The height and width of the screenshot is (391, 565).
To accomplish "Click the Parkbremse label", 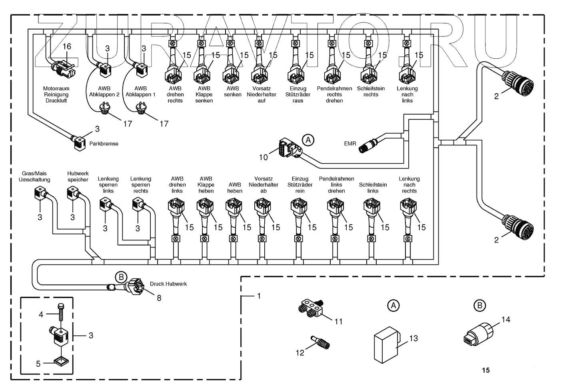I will coord(104,144).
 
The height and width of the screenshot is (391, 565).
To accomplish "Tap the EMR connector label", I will coord(350,143).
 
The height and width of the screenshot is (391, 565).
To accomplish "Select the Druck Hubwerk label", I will coord(168,284).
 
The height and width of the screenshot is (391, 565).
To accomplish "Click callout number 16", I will coord(67,47).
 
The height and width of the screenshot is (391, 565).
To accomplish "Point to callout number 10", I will coord(263,157).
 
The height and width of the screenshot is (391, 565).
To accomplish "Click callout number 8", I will coord(159,298).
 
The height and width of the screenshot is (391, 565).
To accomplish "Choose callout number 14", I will coord(506,320).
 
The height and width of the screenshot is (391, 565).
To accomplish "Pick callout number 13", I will coord(413,338).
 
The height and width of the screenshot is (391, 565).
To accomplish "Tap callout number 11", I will coord(339,322).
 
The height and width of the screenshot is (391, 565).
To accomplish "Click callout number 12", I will coord(300,353).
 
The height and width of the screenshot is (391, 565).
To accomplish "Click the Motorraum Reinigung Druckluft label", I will coord(56,95).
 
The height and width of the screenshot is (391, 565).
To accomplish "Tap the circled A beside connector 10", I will coord(307,140).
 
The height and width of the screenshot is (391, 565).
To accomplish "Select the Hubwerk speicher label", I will coord(78,177).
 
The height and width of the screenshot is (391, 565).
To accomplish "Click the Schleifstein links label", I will coord(373,188).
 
